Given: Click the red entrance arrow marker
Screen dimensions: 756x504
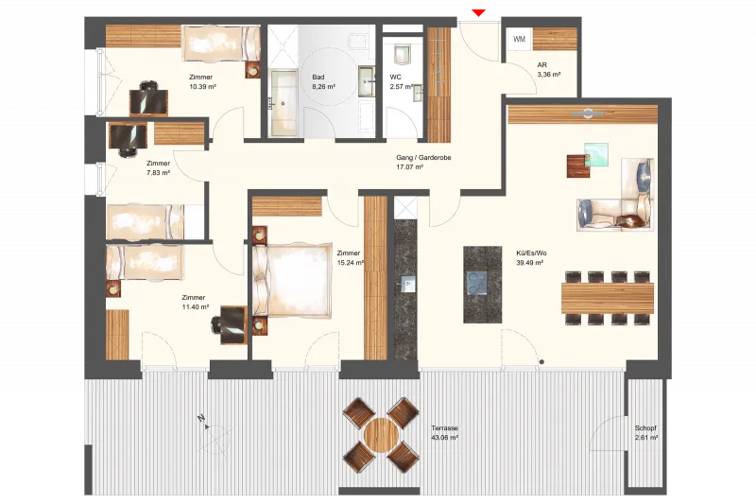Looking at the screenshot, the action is tap(478, 12).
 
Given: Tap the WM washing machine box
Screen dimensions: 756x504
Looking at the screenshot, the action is tap(520, 39).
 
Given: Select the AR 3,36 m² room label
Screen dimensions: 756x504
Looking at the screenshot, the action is tap(549, 70).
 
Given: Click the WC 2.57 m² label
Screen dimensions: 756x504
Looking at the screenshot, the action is tap(401, 82).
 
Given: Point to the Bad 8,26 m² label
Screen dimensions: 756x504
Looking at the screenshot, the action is tap(323, 82).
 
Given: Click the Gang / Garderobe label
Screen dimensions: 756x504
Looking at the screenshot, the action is tap(423, 158).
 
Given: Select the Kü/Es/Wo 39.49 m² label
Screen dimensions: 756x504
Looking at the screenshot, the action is tap(531, 258).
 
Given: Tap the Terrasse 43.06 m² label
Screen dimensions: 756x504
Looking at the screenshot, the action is tap(444, 433).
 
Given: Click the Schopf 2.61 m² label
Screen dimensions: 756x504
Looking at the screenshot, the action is tap(646, 433).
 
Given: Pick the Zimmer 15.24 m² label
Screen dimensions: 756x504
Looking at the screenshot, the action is tap(350, 258).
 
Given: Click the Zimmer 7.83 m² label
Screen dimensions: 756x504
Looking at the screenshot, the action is tap(158, 167).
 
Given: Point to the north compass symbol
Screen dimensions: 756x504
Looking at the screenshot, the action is tap(212, 434).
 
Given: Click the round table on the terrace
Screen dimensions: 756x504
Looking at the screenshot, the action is tap(381, 435).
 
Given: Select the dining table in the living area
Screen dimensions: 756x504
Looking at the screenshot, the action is tap(608, 298).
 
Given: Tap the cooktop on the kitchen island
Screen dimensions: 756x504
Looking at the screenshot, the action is tap(477, 283).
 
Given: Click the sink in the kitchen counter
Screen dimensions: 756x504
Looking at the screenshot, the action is tap(408, 284).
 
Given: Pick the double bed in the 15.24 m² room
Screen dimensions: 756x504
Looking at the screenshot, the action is tap(292, 281).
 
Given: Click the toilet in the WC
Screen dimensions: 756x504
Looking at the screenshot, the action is tap(403, 54).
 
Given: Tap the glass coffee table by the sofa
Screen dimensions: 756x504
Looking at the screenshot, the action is tap(596, 154).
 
